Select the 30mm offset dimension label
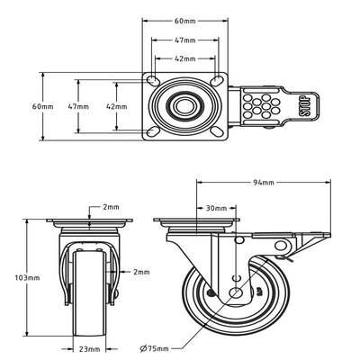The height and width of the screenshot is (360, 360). point(215,208)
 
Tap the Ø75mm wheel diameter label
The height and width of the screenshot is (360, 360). point(161,346)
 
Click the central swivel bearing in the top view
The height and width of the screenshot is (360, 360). point(185,105)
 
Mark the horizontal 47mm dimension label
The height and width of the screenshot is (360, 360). point(184,40)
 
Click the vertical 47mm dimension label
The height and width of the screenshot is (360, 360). point(77,106)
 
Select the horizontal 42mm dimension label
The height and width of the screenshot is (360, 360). point(184,58)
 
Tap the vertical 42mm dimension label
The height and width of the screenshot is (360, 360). point(116,106)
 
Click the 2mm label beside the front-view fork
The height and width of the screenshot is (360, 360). point(141,271)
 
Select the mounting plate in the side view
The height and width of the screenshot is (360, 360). point(199,221)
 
